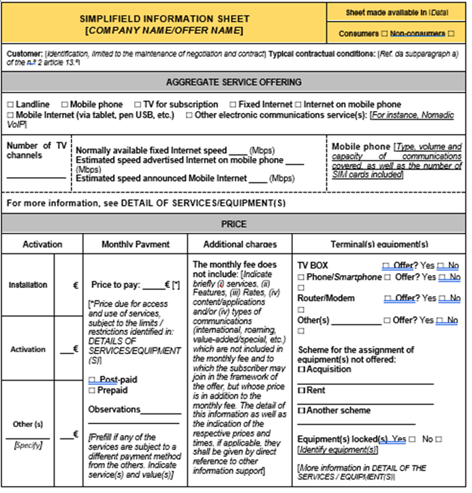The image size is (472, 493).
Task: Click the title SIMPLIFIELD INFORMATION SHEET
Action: [164, 18]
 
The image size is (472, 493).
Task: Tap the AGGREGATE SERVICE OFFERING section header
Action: [234, 82]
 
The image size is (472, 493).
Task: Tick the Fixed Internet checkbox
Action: [233, 105]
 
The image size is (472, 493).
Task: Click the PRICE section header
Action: [234, 224]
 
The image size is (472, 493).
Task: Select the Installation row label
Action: [28, 285]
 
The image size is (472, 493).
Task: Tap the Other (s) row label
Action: [28, 424]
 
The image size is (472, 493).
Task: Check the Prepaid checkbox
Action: [92, 390]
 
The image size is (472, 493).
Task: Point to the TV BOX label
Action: [313, 266]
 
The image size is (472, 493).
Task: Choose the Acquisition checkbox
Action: [301, 369]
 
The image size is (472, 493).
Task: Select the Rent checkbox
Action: [301, 390]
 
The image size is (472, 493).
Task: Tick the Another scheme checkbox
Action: [301, 411]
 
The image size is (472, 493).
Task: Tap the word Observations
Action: [114, 409]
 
